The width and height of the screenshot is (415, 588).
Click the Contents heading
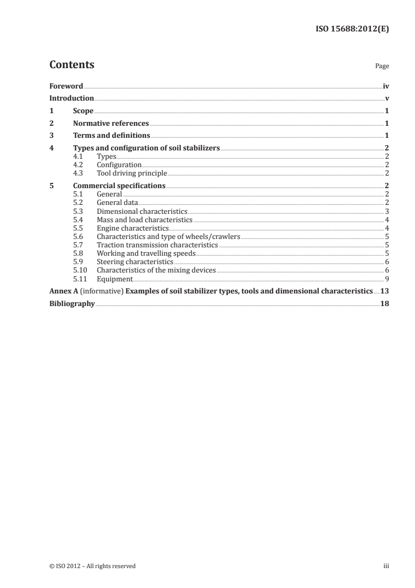(x=72, y=65)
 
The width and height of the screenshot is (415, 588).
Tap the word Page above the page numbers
(x=382, y=67)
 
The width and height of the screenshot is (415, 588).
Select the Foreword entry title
(x=66, y=86)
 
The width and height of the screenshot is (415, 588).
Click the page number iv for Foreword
(x=386, y=86)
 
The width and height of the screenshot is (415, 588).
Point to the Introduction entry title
(x=72, y=99)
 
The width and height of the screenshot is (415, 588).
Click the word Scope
(x=83, y=111)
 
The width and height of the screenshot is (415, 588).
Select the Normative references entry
(x=111, y=124)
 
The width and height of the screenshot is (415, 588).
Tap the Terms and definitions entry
(x=111, y=136)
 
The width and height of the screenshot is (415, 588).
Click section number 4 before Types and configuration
(x=51, y=149)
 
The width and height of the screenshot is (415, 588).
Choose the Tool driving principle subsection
(x=132, y=173)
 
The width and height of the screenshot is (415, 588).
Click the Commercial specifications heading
(x=119, y=186)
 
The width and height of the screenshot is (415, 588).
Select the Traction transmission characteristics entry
(x=158, y=245)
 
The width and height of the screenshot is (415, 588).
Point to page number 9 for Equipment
(x=386, y=279)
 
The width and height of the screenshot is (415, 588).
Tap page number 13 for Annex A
(x=384, y=291)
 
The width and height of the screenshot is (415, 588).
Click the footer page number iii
(x=386, y=566)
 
